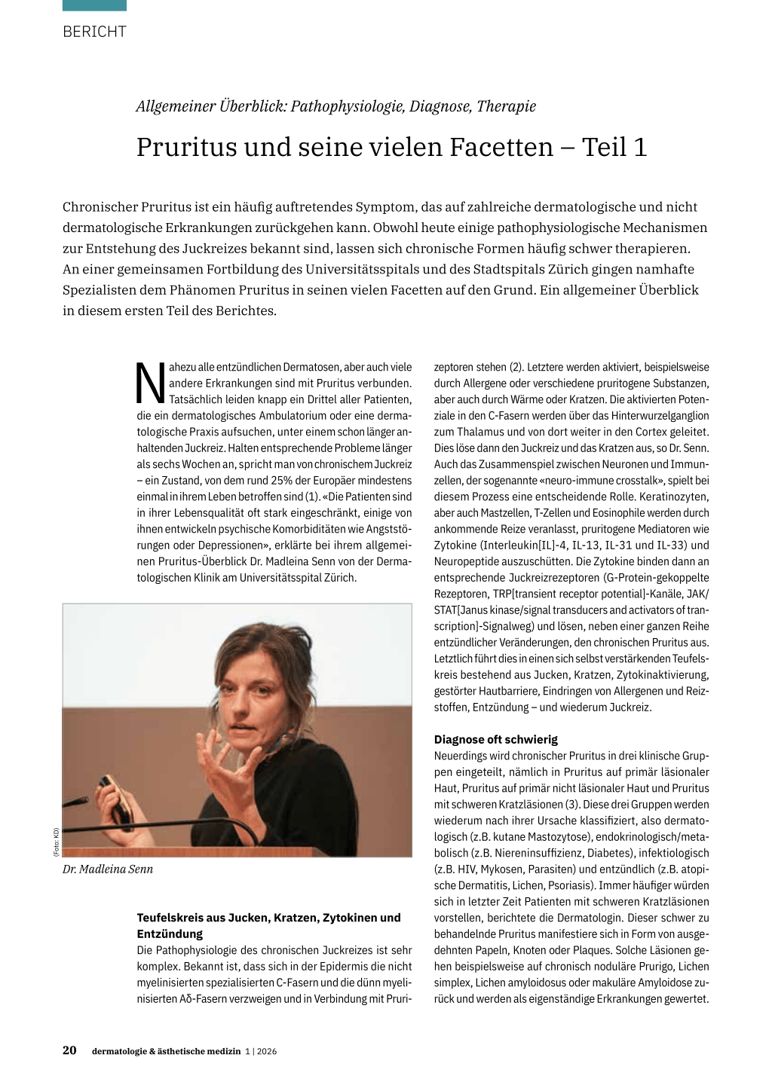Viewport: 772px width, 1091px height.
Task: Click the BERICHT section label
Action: [94, 32]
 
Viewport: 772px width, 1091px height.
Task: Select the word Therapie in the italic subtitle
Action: [506, 106]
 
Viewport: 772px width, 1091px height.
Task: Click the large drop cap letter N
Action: [151, 384]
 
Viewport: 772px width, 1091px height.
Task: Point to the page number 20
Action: [69, 1050]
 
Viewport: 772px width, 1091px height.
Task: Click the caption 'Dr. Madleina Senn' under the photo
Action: [108, 869]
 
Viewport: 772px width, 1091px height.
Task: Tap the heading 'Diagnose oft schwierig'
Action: [496, 739]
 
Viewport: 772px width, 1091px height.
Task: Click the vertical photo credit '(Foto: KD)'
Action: [56, 842]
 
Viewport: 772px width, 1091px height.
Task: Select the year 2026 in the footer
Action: [266, 1051]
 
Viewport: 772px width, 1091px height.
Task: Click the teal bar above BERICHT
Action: [94, 5]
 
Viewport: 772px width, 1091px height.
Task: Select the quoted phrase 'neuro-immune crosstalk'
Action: [557, 481]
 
